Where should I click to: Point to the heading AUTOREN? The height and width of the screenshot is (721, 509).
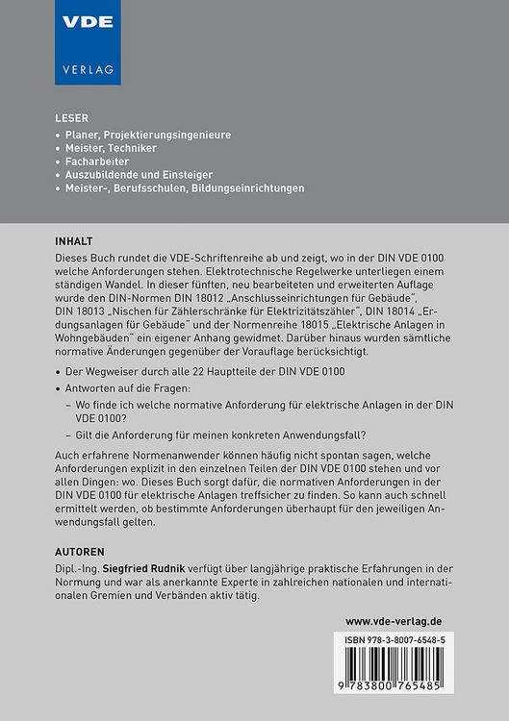coord(84,553)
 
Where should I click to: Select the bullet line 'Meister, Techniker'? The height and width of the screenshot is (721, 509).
coord(112,149)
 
